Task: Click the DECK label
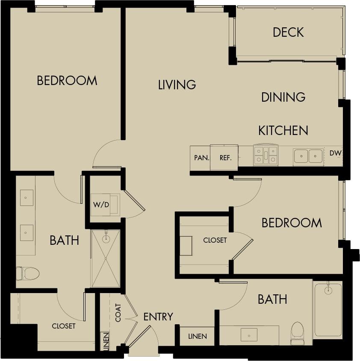[288, 32]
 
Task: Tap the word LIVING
[177, 85]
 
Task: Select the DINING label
[283, 97]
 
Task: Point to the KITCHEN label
[283, 130]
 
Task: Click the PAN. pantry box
[201, 158]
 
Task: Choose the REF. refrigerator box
[225, 158]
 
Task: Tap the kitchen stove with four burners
[265, 156]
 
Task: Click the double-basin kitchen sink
[308, 156]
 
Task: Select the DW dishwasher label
[335, 153]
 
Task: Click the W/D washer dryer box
[102, 205]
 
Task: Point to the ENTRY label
[158, 317]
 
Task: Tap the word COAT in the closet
[118, 312]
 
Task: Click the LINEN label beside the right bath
[198, 336]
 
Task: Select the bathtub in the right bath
[328, 309]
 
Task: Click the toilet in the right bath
[297, 332]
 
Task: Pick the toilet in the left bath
[28, 273]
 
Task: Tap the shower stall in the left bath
[105, 258]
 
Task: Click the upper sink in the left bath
[27, 197]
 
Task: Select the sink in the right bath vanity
[248, 335]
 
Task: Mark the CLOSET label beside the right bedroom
[215, 240]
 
